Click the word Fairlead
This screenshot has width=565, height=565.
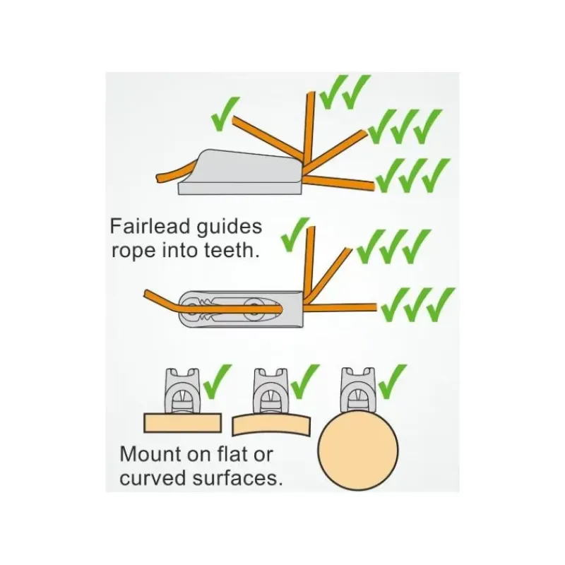click(x=150, y=227)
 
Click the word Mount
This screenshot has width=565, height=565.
click(x=151, y=454)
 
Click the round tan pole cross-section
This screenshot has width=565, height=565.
click(x=358, y=450)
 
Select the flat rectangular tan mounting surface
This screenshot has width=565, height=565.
click(x=182, y=423)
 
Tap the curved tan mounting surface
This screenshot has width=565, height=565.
click(x=271, y=424)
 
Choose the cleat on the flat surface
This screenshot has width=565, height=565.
click(x=182, y=391)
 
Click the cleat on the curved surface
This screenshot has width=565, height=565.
click(x=271, y=391)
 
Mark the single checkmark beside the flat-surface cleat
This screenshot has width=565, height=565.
click(x=218, y=381)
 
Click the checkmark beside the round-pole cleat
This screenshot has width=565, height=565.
click(x=393, y=381)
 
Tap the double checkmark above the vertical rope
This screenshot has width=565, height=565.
click(x=345, y=92)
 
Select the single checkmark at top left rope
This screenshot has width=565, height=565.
click(x=225, y=114)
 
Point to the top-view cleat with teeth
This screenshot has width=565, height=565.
click(x=241, y=309)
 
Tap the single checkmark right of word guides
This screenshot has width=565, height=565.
click(x=295, y=234)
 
